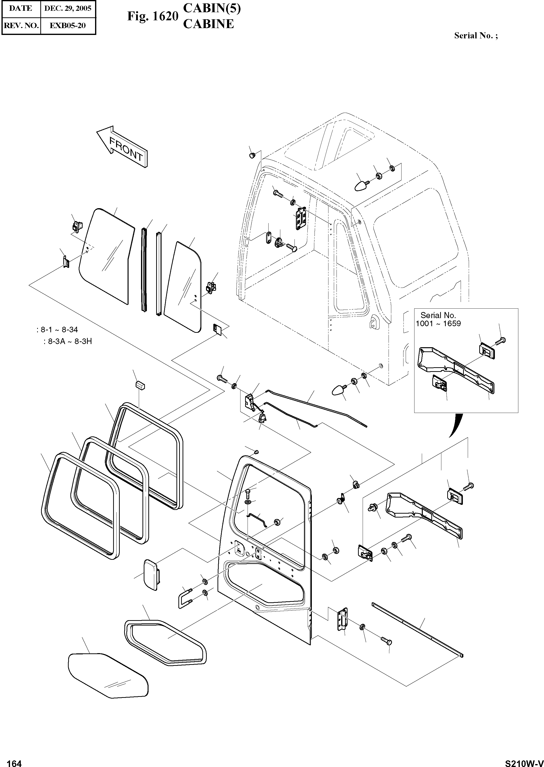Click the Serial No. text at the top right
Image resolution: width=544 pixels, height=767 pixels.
coord(476,36)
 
